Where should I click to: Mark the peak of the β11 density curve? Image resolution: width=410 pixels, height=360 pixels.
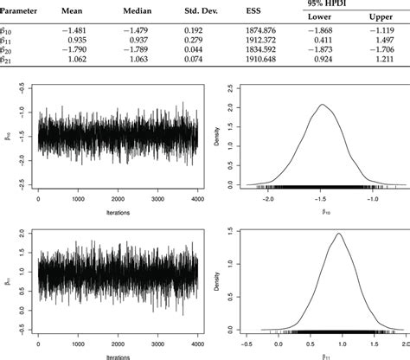tap(338, 233)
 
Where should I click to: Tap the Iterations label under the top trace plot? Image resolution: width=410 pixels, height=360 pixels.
tap(118, 209)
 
